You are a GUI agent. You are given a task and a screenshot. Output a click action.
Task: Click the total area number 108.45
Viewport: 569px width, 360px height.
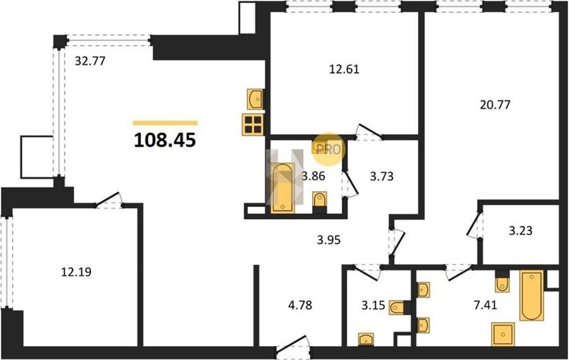pos(165,140)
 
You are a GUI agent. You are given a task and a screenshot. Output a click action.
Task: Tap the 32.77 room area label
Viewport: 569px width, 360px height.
pos(90,61)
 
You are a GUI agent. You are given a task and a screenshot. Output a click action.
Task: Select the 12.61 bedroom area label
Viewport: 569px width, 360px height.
pos(344,69)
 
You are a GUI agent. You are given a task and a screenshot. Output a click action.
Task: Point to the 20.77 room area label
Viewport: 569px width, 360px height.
pos(495,104)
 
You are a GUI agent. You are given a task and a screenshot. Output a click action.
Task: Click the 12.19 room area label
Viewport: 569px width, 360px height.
pos(76,271)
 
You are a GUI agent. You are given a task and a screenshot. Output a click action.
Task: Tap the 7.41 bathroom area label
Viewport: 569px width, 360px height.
pos(485,305)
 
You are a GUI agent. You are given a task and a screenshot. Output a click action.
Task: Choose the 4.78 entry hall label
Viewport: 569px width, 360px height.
pos(300,305)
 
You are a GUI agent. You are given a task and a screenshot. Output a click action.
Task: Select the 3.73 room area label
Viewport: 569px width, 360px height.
pos(382,177)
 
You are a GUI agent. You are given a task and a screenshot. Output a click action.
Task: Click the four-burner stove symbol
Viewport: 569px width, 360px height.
pos(253,124)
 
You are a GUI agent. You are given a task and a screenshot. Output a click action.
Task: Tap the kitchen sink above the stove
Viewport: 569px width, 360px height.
pos(256,99)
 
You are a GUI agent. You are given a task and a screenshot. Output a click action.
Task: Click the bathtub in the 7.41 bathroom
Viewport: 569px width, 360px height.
pos(532,295)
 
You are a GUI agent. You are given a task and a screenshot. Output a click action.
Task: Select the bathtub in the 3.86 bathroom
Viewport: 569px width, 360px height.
pos(283,188)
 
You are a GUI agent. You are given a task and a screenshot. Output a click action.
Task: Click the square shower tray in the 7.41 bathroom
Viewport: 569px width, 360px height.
pos(503,334)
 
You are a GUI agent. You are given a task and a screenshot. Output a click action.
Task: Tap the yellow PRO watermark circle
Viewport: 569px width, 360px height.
pos(328,149)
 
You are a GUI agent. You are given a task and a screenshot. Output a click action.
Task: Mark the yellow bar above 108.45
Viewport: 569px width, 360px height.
pos(165,123)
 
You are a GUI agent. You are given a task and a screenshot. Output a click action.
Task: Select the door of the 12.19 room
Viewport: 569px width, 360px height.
pos(109,200)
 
